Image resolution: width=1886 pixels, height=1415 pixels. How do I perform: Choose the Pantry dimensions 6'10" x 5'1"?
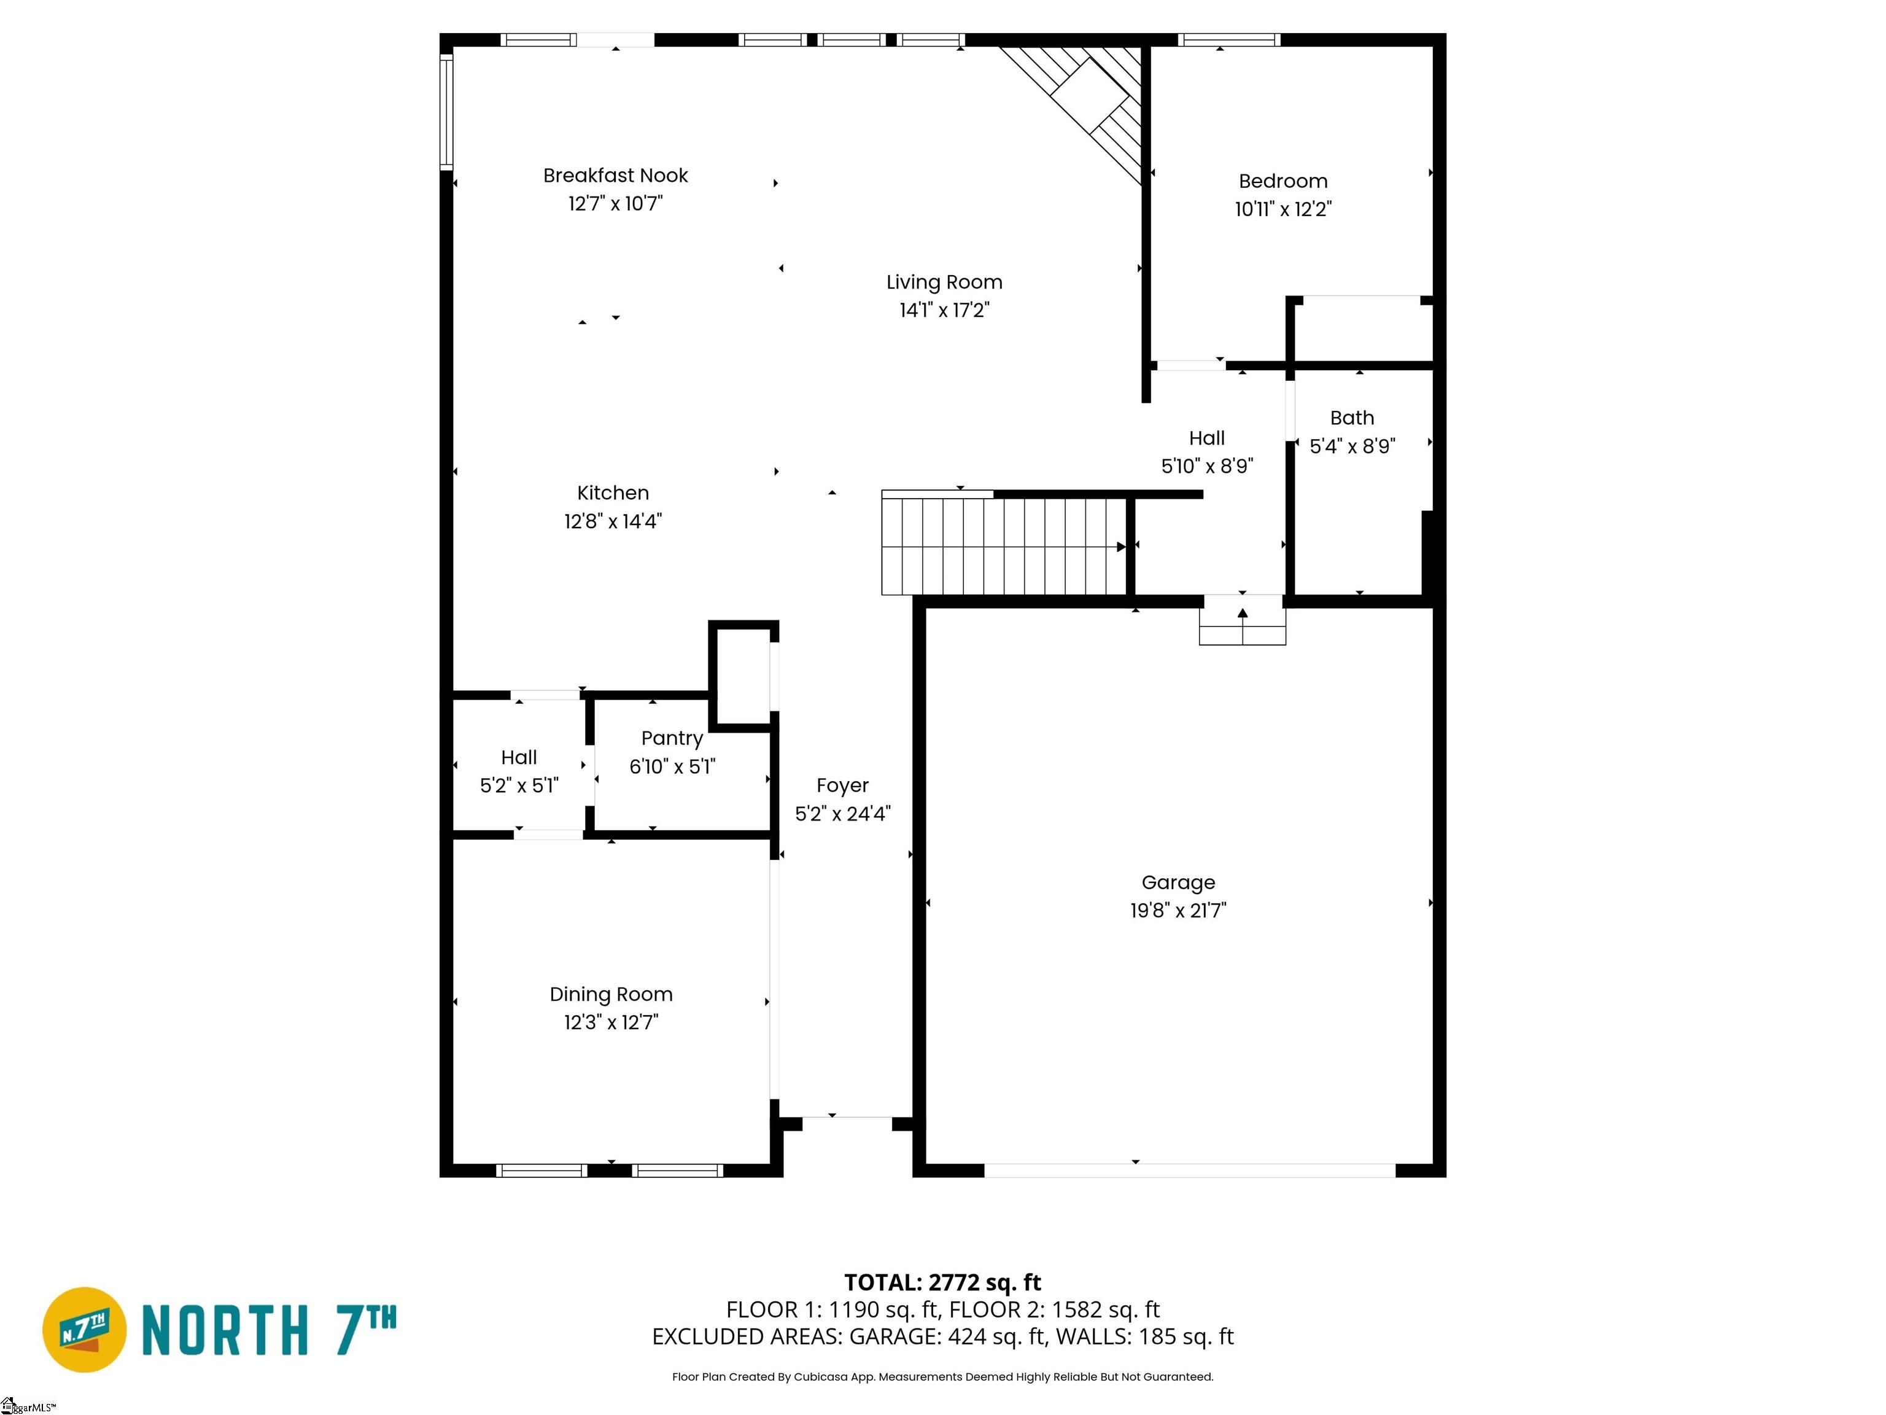pos(672,767)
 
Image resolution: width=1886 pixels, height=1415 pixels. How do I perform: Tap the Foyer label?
pos(842,785)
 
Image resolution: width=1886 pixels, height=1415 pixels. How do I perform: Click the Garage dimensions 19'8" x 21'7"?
pos(1178,911)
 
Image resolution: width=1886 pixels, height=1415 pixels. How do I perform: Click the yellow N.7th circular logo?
pos(83,1329)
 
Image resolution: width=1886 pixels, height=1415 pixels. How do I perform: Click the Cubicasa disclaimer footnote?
pos(942,1377)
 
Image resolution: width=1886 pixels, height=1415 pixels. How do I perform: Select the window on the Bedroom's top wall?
pos(1228,40)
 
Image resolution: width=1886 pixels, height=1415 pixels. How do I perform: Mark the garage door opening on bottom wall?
pos(1189,1170)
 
